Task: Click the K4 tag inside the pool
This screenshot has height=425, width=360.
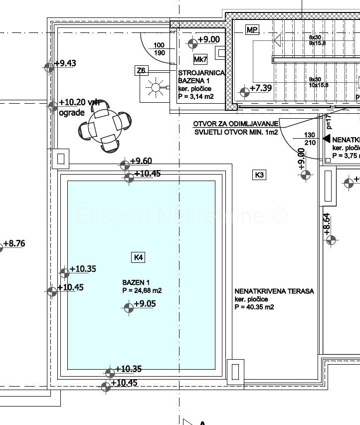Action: (x=139, y=257)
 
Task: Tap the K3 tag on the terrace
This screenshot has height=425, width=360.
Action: (x=259, y=175)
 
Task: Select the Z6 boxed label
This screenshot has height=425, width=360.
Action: (x=142, y=71)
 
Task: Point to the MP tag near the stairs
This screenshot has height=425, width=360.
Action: (x=252, y=30)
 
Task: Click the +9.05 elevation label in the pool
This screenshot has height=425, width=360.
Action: (x=145, y=303)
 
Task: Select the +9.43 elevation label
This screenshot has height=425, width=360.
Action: (x=65, y=63)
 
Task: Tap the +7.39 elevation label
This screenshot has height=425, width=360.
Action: (x=260, y=88)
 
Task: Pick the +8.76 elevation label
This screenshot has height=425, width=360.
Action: (x=14, y=244)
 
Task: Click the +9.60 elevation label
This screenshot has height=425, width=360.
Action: (x=141, y=161)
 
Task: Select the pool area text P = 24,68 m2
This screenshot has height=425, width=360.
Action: (x=142, y=290)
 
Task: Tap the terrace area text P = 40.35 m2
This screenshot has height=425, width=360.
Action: (x=254, y=307)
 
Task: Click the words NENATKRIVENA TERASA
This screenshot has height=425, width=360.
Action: (x=274, y=291)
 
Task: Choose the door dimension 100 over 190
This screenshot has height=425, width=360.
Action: (x=159, y=49)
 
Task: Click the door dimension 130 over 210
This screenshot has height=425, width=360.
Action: (x=310, y=139)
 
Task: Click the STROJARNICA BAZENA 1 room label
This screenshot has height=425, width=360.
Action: (x=201, y=77)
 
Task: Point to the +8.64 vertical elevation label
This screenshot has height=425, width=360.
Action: (x=327, y=223)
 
